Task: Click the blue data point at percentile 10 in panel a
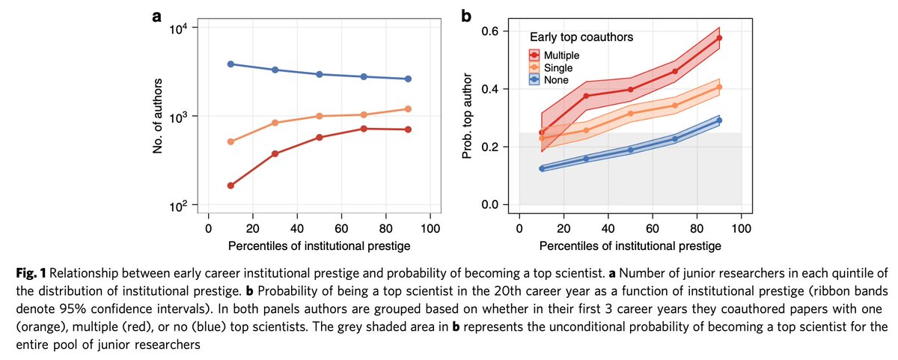[x=230, y=64]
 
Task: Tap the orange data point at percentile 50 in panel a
[x=319, y=116]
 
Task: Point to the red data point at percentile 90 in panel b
[x=719, y=38]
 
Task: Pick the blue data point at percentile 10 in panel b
[x=542, y=168]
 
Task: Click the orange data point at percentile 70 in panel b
[x=675, y=106]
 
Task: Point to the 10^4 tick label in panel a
[x=187, y=28]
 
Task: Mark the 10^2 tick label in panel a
[x=187, y=206]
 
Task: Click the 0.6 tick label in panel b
[x=500, y=31]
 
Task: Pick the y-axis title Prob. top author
[x=473, y=117]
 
